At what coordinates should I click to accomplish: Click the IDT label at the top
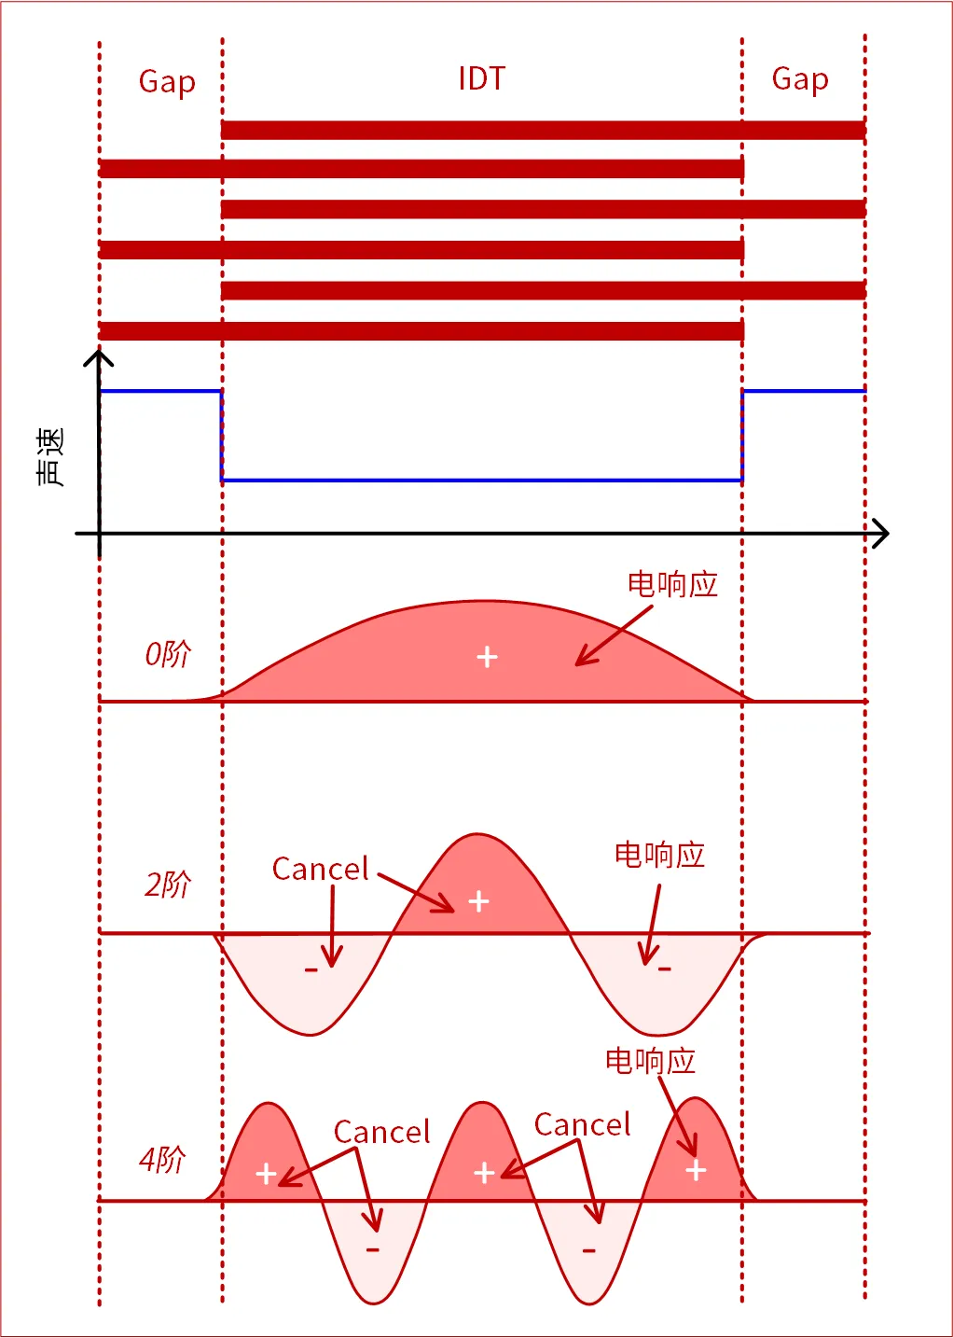click(481, 78)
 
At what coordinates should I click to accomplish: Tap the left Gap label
click(167, 82)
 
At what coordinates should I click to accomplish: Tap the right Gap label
click(800, 79)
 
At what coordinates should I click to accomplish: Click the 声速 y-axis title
click(50, 457)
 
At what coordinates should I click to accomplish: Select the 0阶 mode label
click(167, 654)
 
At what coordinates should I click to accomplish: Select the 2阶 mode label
click(167, 884)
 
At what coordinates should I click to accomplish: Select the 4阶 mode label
click(162, 1160)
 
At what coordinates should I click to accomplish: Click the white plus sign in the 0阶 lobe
click(487, 658)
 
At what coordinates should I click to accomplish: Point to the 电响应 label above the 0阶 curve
click(672, 585)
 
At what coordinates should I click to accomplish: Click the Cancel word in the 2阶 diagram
click(320, 870)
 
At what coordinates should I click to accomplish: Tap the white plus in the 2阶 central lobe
click(478, 901)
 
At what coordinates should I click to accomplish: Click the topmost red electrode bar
click(543, 130)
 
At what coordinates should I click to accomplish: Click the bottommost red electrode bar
click(421, 330)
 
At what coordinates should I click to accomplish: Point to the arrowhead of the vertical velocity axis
click(99, 357)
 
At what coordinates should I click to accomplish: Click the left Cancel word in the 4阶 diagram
click(381, 1133)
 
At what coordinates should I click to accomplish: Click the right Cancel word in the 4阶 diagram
click(582, 1125)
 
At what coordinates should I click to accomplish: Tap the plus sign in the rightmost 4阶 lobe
click(696, 1170)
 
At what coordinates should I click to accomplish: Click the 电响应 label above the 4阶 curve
click(650, 1061)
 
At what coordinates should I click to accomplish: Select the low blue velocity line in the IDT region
click(481, 481)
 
